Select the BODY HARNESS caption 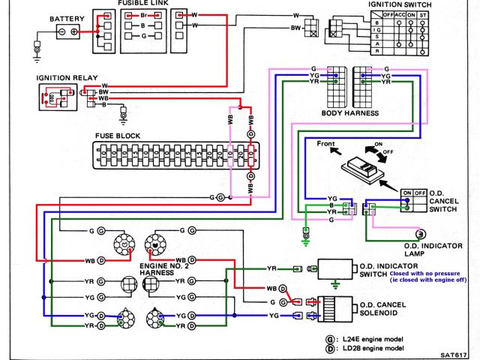tap(350, 113)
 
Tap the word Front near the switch tap(326, 143)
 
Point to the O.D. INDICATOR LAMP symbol tap(421, 235)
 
